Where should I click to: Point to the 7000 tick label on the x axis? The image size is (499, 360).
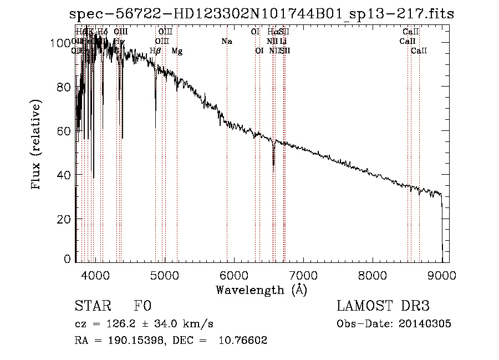303,275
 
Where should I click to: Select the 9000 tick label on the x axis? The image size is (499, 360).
441,275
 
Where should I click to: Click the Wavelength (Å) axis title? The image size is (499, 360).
261,290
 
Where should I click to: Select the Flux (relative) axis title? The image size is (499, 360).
37,146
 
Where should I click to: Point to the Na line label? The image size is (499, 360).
226,42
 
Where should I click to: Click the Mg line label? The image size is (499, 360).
177,51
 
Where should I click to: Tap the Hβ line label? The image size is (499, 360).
155,51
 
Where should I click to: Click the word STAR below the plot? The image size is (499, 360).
92,307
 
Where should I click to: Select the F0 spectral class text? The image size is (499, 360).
142,307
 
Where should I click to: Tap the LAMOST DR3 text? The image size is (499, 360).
383,307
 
